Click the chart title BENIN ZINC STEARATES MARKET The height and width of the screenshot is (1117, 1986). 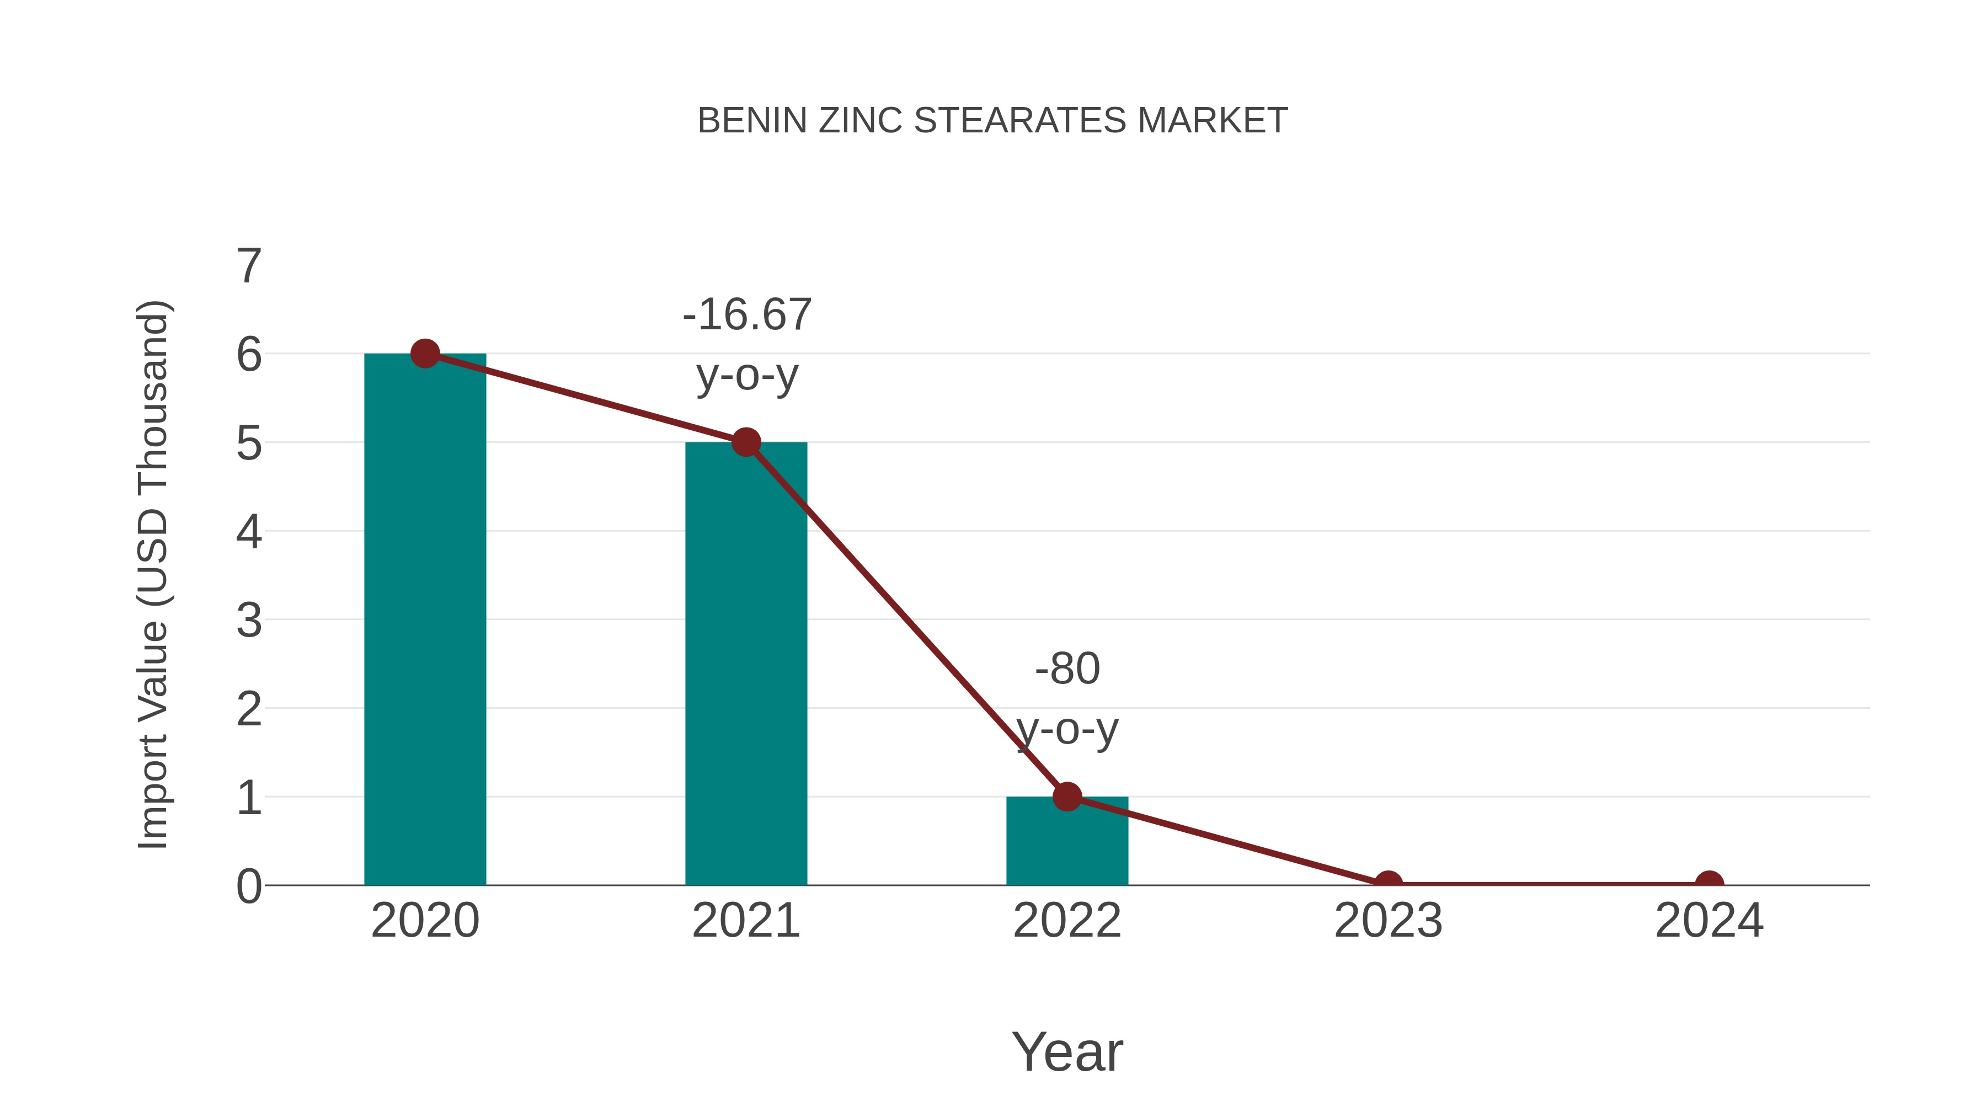[x=992, y=121]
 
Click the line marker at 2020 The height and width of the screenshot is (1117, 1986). [x=425, y=354]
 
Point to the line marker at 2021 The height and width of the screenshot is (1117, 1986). [x=745, y=442]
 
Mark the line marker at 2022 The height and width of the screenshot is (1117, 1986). [x=1067, y=797]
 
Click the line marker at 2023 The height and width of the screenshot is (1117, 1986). [x=1388, y=884]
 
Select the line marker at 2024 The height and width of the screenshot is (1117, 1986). [x=1709, y=884]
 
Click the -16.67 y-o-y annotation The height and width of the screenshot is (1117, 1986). [x=747, y=345]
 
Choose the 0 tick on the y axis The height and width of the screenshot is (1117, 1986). [x=249, y=886]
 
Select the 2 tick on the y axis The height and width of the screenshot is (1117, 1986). [x=249, y=709]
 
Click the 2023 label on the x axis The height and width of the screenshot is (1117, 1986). [x=1388, y=921]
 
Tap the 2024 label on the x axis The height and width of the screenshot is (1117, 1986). [x=1709, y=921]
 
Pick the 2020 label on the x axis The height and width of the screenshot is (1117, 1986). [x=425, y=921]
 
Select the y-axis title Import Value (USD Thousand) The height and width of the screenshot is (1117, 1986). [x=153, y=575]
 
